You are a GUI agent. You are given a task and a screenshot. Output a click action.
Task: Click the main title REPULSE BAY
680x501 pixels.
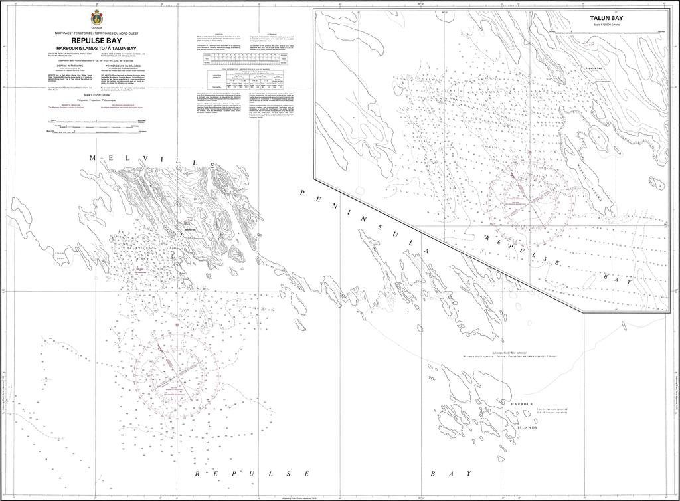coord(97,40)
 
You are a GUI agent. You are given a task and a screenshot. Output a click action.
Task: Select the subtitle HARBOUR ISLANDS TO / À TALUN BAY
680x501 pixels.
coord(97,48)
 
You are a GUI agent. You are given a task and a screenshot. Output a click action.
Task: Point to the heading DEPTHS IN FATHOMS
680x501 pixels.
coord(71,65)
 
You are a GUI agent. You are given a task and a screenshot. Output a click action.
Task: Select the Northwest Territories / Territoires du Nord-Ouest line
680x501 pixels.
coord(97,33)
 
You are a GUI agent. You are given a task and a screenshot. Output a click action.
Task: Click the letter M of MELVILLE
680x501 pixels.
coord(93,157)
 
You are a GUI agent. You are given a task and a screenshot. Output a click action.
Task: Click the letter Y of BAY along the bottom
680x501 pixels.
coord(469,474)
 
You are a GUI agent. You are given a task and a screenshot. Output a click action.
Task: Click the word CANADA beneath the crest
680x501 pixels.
coord(97,28)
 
